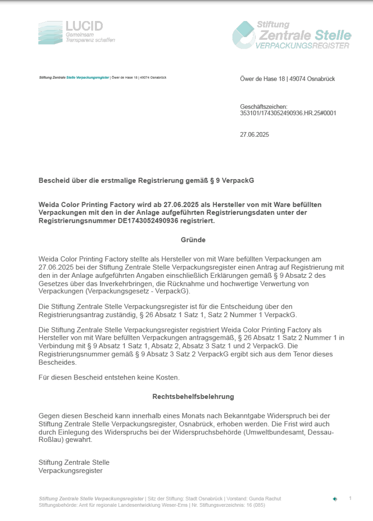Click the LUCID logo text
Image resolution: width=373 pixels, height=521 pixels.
pos(84,26)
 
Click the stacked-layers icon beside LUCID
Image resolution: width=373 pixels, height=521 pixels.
pos(50,32)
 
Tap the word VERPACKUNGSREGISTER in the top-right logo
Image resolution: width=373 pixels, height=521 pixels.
pos(302,47)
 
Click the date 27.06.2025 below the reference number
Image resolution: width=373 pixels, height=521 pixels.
pos(254,135)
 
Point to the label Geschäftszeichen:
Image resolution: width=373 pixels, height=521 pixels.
pos(264,106)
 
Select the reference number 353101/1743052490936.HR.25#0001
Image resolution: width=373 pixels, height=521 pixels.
pos(288,113)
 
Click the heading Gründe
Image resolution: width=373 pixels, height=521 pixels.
pos(193,240)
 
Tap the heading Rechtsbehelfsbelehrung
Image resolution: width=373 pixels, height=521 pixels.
pos(193,397)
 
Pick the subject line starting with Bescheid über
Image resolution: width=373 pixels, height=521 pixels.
pos(146,180)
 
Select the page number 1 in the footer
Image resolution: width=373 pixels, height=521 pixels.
pos(350,498)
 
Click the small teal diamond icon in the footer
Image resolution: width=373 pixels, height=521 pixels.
pos(335,499)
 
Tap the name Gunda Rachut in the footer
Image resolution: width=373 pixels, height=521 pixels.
pos(265,498)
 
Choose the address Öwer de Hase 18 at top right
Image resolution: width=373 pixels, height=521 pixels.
pos(262,79)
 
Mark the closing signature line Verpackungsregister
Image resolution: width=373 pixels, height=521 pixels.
pos(70,470)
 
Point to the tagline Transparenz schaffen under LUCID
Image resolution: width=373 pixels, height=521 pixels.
pos(90,40)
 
